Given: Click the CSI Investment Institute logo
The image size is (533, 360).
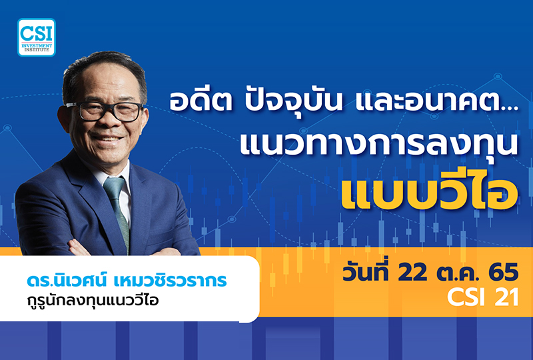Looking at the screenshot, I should coord(37,37).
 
